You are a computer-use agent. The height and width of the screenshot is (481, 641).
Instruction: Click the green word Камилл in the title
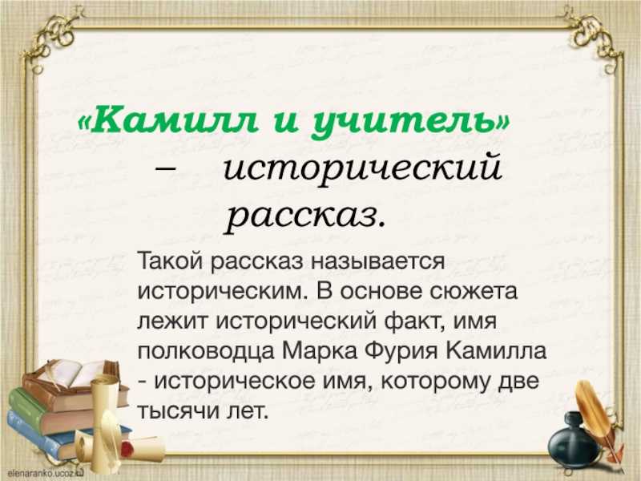click(x=174, y=121)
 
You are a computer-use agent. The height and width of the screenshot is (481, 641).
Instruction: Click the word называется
click(x=377, y=261)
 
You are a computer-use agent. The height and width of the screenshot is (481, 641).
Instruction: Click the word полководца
click(x=206, y=352)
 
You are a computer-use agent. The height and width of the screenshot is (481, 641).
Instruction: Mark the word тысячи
click(x=178, y=410)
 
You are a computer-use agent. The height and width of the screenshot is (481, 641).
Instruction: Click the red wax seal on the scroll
click(x=128, y=449)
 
